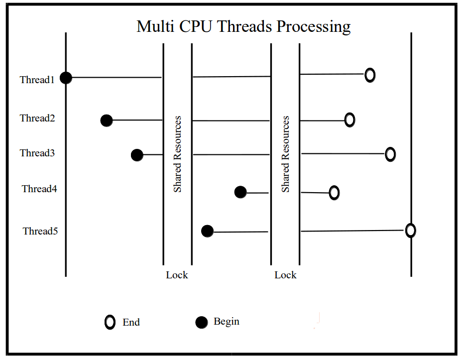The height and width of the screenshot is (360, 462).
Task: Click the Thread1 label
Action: (37, 79)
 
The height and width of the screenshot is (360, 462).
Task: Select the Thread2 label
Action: (37, 119)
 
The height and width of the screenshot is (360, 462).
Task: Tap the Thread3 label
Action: (37, 153)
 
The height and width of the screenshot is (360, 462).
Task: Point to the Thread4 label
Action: (39, 189)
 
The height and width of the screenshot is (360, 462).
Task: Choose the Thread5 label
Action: (40, 231)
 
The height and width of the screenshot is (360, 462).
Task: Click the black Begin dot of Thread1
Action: (66, 78)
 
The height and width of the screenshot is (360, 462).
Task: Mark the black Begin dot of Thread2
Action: (106, 120)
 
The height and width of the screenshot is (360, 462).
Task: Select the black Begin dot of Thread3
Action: (137, 155)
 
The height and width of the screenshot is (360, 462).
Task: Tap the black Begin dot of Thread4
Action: (240, 192)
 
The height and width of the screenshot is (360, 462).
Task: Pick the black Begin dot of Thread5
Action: (208, 231)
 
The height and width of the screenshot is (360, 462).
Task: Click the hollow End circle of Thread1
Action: (369, 75)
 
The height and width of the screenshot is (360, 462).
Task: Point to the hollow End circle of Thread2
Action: (349, 120)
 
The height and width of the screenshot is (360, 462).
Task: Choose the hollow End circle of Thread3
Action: (390, 154)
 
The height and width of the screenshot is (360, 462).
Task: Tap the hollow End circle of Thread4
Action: (334, 192)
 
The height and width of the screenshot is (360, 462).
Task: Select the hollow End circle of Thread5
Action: (410, 231)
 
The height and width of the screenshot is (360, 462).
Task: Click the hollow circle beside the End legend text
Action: (110, 322)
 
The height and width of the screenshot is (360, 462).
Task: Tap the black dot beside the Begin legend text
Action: (201, 323)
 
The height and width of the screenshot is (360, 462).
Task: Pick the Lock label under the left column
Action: (177, 275)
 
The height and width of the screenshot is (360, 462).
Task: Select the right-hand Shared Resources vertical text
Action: (285, 154)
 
